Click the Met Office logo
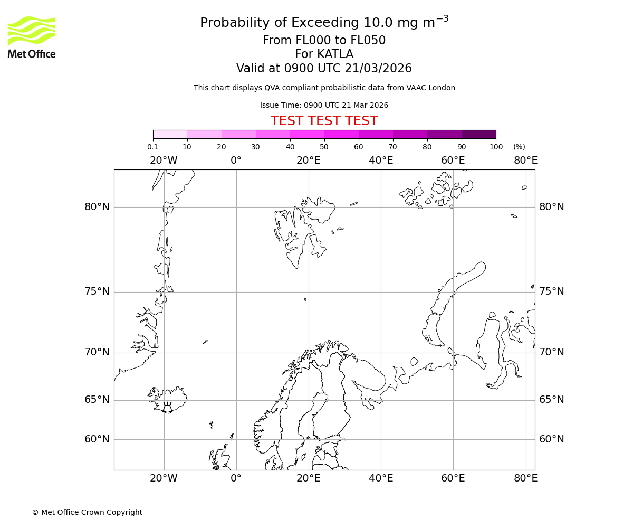coord(32,37)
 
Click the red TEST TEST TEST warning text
coord(324,121)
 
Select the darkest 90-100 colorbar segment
coord(478,135)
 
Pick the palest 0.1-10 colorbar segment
coord(170,135)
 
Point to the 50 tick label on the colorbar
coord(324,147)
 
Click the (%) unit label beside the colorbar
coord(519,147)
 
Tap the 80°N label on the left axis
coord(97,207)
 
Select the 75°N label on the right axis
coord(551,291)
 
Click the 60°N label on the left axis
coord(97,439)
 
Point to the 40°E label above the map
coord(381,161)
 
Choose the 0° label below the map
coord(236,478)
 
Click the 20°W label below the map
coord(164,478)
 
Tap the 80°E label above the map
coord(525,161)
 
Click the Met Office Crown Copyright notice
coord(87,512)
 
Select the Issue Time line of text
coord(324,105)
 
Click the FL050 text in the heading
coord(368,41)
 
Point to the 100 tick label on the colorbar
coord(496,147)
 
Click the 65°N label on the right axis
coord(551,400)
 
